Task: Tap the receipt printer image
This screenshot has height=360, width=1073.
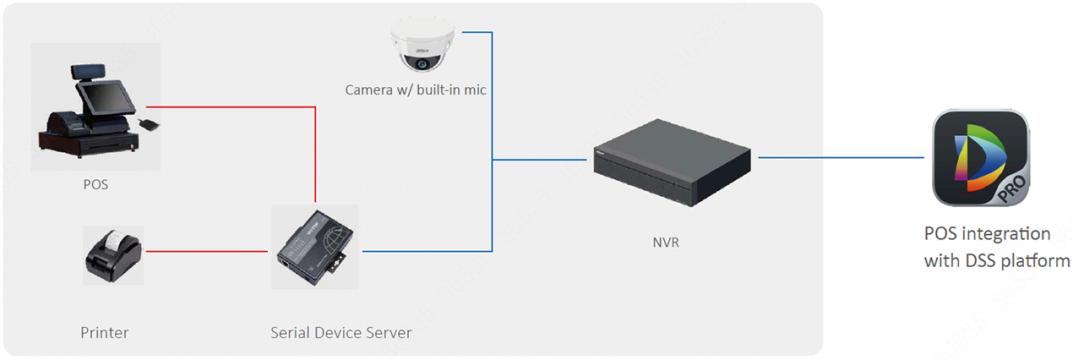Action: [x=113, y=254]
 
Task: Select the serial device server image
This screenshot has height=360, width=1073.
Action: [x=314, y=247]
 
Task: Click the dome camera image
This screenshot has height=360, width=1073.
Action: [x=422, y=46]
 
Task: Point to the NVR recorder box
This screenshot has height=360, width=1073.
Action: [x=670, y=161]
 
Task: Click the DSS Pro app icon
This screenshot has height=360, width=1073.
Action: [x=980, y=158]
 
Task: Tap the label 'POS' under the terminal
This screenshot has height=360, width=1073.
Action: [x=95, y=184]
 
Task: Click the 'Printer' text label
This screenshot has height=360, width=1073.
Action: [x=105, y=333]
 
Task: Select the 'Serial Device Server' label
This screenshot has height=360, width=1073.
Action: [x=341, y=333]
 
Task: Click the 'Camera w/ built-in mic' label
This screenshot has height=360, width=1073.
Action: [x=416, y=90]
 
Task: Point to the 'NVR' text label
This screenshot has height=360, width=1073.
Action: [x=666, y=243]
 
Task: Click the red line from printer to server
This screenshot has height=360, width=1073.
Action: [x=207, y=251]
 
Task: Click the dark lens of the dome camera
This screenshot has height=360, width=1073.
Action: [x=420, y=63]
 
